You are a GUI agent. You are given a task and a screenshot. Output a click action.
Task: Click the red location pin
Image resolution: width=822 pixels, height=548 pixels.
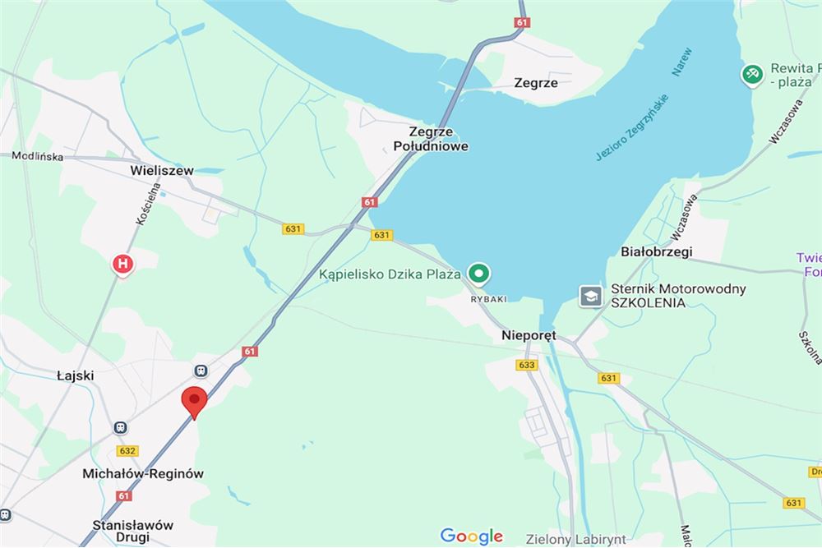pyautogui.click(x=194, y=401)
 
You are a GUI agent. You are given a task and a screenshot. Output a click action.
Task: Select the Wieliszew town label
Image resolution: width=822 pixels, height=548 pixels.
pyautogui.click(x=162, y=171)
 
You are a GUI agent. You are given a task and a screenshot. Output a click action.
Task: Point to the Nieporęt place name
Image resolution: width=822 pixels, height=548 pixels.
pyautogui.click(x=529, y=335)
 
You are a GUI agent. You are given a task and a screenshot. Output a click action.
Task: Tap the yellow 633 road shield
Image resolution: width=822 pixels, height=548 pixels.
pyautogui.click(x=528, y=365)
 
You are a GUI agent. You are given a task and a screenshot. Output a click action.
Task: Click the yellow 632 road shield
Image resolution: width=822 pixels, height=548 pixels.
pyautogui.click(x=127, y=451)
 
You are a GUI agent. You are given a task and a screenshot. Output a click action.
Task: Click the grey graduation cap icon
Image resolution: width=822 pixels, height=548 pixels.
pyautogui.click(x=590, y=296)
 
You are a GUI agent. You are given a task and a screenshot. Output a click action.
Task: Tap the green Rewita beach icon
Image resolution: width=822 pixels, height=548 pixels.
pyautogui.click(x=752, y=75)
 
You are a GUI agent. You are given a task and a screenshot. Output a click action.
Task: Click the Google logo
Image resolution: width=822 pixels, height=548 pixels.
pyautogui.click(x=471, y=536)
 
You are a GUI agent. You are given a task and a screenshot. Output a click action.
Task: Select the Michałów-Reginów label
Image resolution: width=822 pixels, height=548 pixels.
pyautogui.click(x=143, y=474)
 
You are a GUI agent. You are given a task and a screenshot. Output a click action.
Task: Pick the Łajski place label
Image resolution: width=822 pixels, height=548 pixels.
pyautogui.click(x=76, y=375)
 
